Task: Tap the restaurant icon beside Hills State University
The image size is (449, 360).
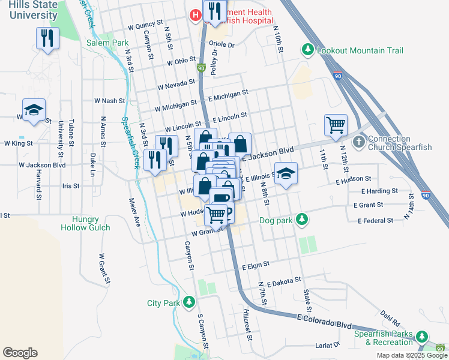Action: [x=47, y=38]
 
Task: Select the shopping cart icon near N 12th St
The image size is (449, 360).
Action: [x=336, y=125]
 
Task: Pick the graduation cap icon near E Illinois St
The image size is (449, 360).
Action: [x=286, y=174]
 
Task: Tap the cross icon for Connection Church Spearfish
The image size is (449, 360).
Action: [x=358, y=142]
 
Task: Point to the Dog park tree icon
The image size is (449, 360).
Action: [x=303, y=220]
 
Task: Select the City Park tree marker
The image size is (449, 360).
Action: [x=190, y=302]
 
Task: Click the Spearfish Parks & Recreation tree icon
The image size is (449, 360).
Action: [x=423, y=337]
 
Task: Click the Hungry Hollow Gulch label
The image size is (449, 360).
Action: [x=85, y=223]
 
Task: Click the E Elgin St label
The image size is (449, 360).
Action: [x=256, y=264]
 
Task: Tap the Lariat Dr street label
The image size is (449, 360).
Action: [x=328, y=346]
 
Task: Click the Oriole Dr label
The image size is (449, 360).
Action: [x=221, y=44]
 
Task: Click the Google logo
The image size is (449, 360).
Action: [x=20, y=353]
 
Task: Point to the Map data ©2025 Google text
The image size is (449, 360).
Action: [x=411, y=355]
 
